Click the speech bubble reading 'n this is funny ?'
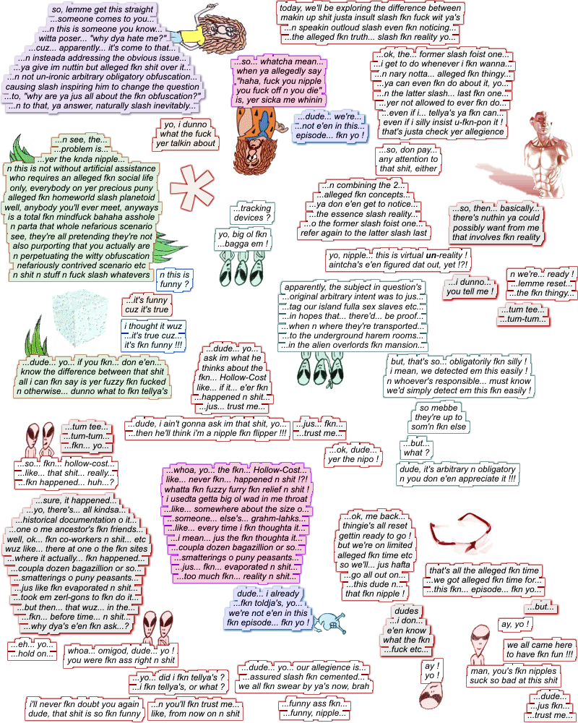(x=174, y=280)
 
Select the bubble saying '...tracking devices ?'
(x=252, y=213)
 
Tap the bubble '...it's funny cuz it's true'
(x=147, y=304)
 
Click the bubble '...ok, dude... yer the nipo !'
(x=353, y=455)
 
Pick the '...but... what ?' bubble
(x=417, y=448)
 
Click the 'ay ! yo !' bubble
(x=432, y=669)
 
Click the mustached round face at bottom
(x=432, y=697)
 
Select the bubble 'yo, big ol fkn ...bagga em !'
(x=243, y=239)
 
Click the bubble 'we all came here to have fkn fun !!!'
(x=540, y=649)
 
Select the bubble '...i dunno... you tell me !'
(x=470, y=287)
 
